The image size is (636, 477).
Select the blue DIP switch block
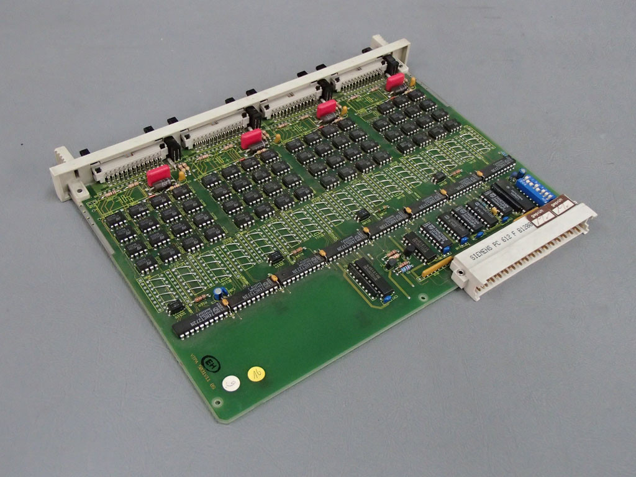535,188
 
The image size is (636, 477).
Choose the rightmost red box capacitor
395,81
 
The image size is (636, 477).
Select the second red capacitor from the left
252,138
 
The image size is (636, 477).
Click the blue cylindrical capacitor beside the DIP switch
520,173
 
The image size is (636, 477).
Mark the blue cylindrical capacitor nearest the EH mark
218,292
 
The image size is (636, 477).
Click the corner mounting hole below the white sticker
217,402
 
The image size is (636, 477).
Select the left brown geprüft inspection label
539,216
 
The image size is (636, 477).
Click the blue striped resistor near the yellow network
404,268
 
